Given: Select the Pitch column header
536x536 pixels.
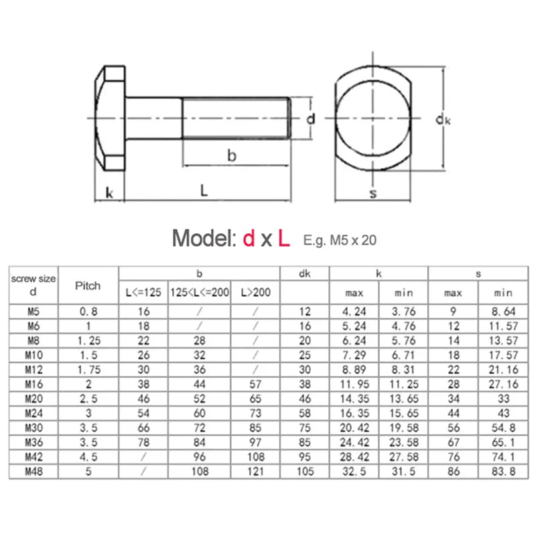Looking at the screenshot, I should (x=88, y=285).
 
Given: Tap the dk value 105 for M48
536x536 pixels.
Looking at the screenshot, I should (x=305, y=472).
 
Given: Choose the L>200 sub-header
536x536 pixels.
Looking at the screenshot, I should (x=255, y=293).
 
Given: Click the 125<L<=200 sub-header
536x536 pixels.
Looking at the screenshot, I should (x=199, y=293).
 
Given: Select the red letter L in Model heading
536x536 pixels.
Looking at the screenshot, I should (x=284, y=239).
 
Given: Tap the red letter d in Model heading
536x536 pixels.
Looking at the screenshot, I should (x=249, y=239).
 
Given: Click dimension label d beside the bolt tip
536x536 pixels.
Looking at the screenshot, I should (x=310, y=119).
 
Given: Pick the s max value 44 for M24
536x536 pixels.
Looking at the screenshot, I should (x=453, y=413).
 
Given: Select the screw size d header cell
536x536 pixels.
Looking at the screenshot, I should (x=33, y=285).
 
